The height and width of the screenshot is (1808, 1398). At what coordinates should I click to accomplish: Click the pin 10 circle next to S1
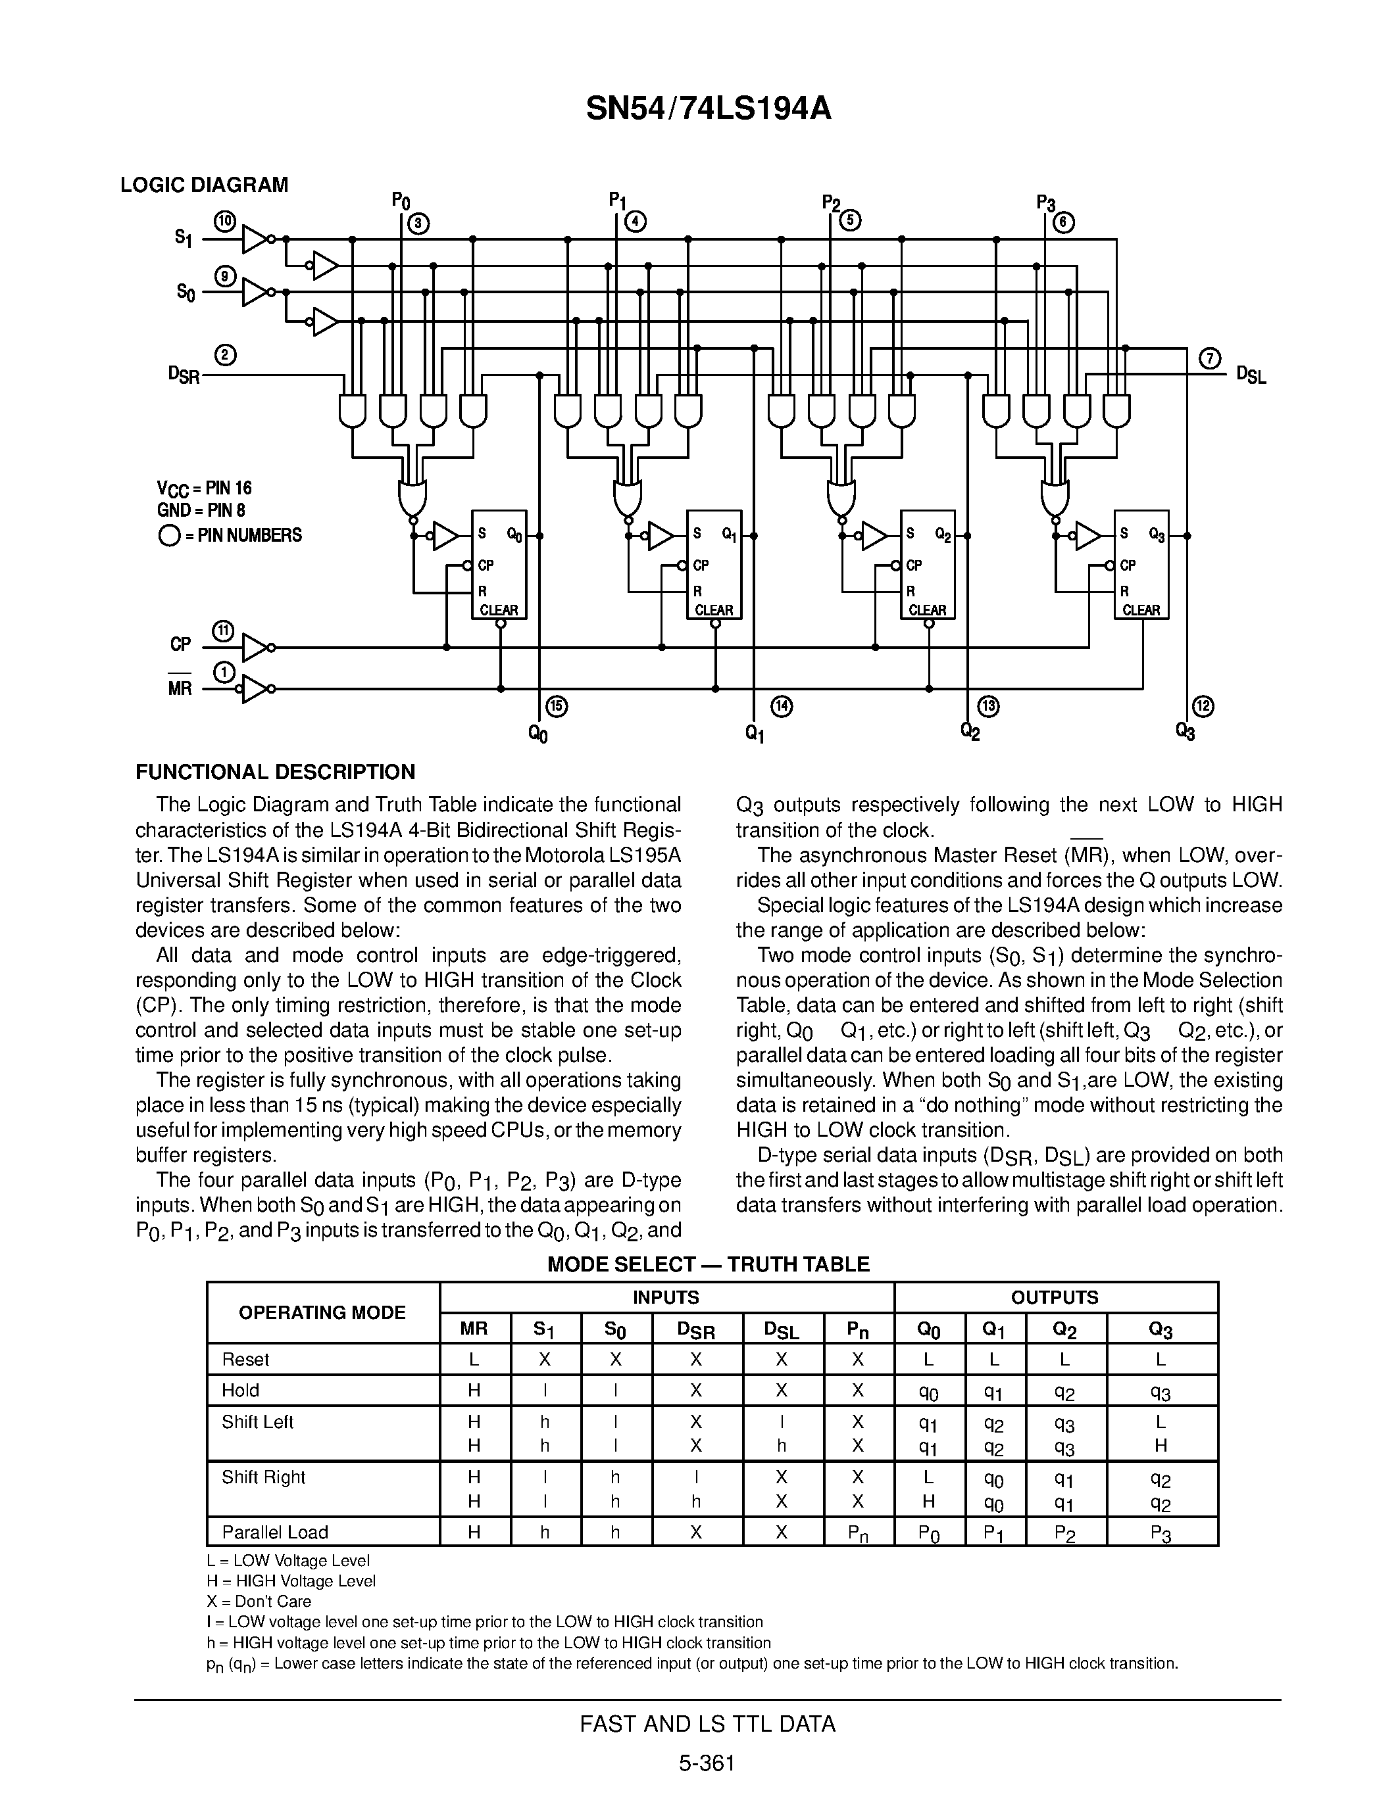(224, 221)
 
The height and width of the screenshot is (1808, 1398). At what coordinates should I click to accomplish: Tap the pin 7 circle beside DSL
(1210, 359)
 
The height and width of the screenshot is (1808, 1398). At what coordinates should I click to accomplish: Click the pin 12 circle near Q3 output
(1203, 707)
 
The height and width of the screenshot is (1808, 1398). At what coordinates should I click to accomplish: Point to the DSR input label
(184, 375)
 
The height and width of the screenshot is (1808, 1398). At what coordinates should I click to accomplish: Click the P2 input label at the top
(831, 202)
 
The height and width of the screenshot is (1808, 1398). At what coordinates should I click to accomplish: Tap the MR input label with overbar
(180, 688)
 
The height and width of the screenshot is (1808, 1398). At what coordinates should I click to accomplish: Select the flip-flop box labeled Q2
(928, 565)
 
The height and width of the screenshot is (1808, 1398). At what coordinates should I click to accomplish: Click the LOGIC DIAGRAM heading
(204, 185)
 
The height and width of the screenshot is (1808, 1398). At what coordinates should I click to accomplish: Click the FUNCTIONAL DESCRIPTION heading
(275, 773)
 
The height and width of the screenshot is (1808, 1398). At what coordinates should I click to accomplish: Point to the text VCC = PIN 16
(204, 488)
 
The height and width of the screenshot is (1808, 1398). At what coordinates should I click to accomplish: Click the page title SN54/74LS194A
(707, 108)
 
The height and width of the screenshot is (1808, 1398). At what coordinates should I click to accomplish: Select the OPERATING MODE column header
(322, 1312)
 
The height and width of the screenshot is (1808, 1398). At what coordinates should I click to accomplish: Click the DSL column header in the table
(782, 1330)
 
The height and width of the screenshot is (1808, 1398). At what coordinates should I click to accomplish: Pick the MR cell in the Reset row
(474, 1360)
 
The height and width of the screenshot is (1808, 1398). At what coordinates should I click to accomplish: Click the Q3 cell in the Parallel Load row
(1161, 1533)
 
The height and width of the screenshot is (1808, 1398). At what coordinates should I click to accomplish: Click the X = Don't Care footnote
(259, 1601)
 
